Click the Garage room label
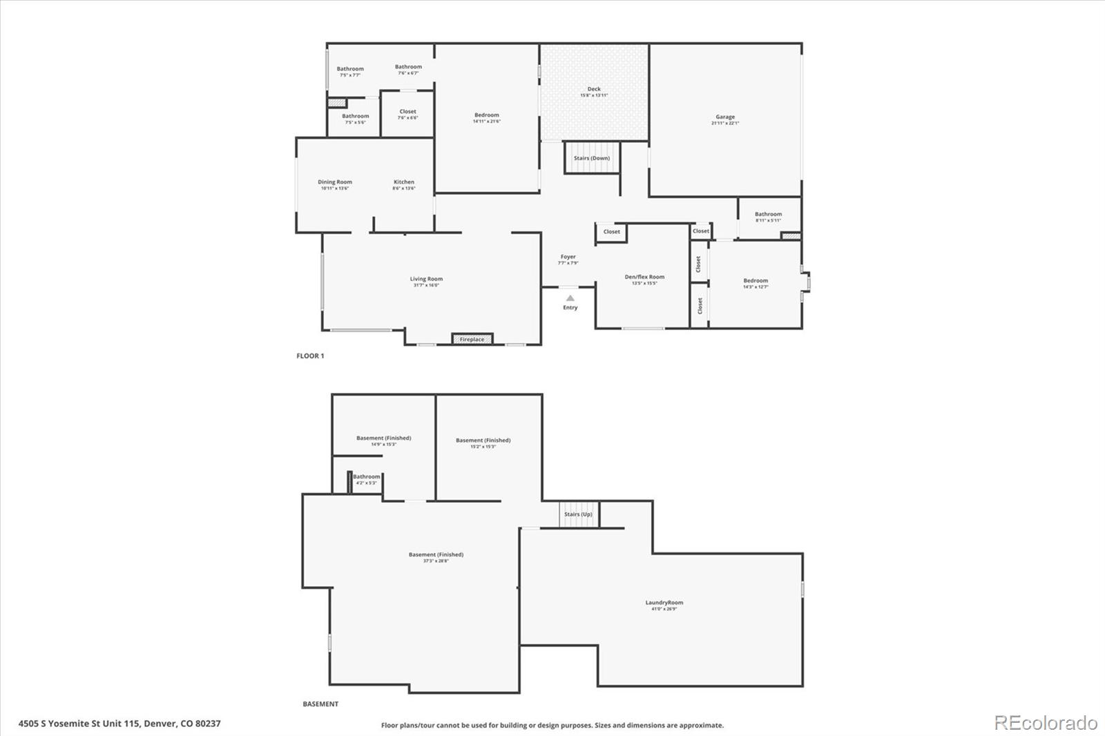point(725,117)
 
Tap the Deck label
point(594,89)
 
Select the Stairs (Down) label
point(592,158)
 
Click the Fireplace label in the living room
point(472,340)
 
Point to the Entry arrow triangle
point(570,298)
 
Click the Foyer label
point(568,257)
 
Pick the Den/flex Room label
point(644,277)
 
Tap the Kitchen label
point(404,182)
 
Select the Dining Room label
point(335,182)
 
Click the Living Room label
point(426,279)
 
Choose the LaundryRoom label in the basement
point(664,603)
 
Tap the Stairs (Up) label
point(578,514)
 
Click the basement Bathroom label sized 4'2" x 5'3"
point(366,477)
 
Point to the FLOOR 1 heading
point(310,356)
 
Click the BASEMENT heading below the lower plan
point(320,704)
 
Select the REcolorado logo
point(1046,723)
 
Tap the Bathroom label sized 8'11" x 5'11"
point(768,215)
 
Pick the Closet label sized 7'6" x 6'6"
point(407,112)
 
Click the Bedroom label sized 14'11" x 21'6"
point(486,115)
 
